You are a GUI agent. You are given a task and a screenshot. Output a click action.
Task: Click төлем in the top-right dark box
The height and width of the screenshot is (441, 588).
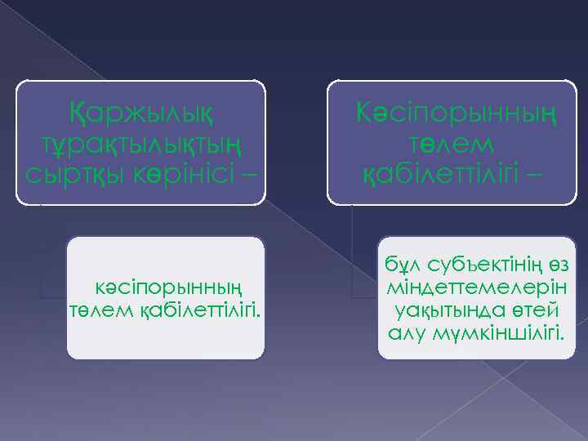pyautogui.click(x=452, y=142)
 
